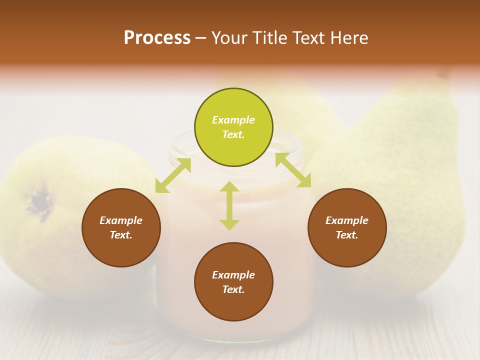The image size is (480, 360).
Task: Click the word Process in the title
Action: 157,38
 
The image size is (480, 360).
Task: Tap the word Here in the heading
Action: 349,38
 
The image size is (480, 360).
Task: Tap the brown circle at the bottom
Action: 233,305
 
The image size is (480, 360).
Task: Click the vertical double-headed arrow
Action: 229,205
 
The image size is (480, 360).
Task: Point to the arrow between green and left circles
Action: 173,175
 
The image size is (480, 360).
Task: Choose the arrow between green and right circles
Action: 293,170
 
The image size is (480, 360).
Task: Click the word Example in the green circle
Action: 233,120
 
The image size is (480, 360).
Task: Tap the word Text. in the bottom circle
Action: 233,289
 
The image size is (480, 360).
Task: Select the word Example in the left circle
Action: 121,220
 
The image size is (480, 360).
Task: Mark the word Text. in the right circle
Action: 347,235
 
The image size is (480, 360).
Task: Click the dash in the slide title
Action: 201,38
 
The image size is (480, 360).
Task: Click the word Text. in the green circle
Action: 233,134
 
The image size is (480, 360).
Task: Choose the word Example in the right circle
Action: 347,220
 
